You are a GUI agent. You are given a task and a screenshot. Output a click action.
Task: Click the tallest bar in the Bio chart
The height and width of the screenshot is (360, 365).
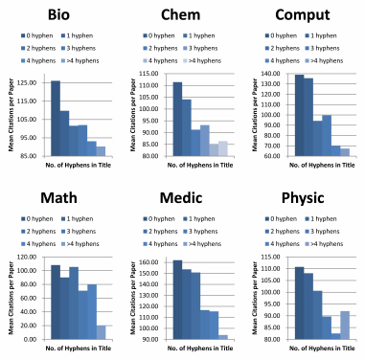(56, 118)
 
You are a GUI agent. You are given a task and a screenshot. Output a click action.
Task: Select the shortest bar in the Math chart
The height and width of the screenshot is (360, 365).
(101, 332)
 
